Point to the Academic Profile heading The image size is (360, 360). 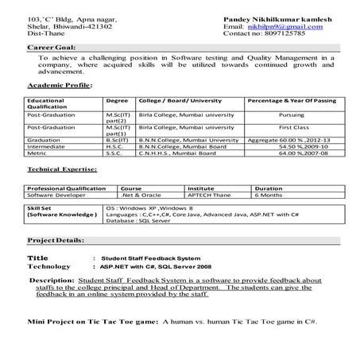pos(60,84)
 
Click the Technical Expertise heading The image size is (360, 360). pos(62,169)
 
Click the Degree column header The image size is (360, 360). pos(117,101)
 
